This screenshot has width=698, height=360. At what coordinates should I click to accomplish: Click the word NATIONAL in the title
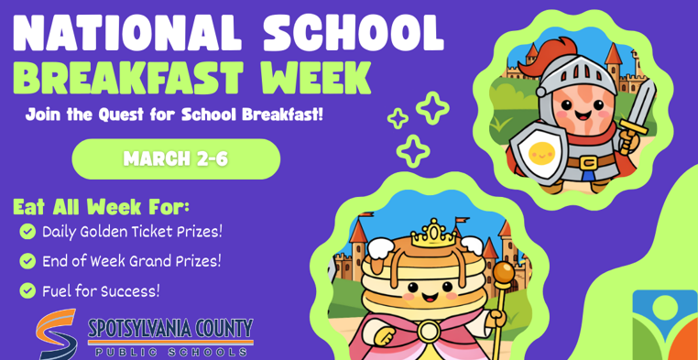tap(128, 34)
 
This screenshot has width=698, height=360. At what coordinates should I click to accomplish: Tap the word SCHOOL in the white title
tap(353, 34)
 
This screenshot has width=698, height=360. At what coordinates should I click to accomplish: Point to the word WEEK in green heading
tap(316, 79)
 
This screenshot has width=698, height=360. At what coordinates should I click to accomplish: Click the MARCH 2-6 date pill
tap(176, 159)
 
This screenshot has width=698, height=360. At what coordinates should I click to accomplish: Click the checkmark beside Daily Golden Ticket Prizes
tap(27, 231)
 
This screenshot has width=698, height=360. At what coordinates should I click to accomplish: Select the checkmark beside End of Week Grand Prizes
tap(27, 261)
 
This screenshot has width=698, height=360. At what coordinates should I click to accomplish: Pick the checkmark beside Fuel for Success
tap(27, 291)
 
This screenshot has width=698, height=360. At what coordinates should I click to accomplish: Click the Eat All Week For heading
tap(101, 205)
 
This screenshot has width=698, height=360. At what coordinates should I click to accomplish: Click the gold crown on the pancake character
tap(427, 234)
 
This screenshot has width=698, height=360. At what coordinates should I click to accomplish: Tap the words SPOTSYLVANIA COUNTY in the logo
tap(170, 328)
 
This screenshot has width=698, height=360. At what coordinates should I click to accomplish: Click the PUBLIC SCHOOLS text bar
tap(170, 351)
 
